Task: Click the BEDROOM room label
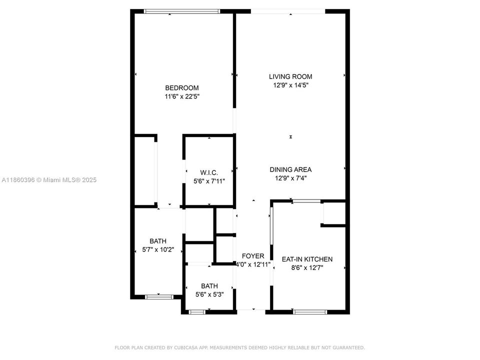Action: tap(182, 88)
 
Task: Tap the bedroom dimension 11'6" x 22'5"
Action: tap(182, 96)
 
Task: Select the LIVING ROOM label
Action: tap(290, 76)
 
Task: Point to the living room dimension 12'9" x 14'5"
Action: tap(290, 85)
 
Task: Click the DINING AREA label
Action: tap(290, 169)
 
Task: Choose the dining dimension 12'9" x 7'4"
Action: tap(290, 178)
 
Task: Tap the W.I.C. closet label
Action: tap(209, 172)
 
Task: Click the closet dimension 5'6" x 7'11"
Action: tap(209, 181)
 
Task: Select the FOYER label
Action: tap(253, 256)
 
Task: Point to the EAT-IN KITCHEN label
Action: tap(307, 259)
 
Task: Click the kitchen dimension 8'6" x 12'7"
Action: tap(307, 267)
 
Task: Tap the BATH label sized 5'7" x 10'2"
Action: tap(158, 241)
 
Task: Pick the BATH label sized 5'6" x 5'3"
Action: tap(209, 286)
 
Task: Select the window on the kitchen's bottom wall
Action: tap(310, 312)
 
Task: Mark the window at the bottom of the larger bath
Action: tap(159, 296)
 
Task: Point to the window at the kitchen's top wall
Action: tap(306, 201)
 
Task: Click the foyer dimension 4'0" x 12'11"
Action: tap(253, 264)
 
